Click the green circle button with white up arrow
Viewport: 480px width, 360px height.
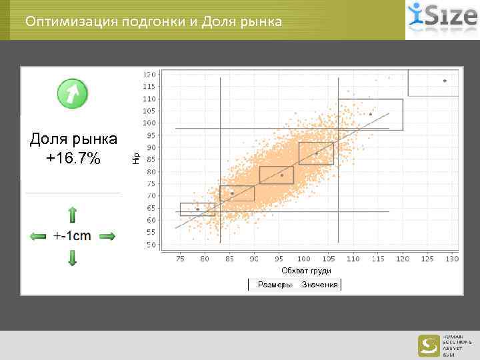(x=73, y=94)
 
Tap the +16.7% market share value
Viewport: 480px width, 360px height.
(x=73, y=158)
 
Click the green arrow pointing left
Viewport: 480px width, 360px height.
(x=38, y=236)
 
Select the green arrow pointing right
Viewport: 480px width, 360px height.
(x=107, y=236)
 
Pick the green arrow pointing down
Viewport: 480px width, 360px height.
(x=73, y=257)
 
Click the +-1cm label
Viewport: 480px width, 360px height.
(x=73, y=236)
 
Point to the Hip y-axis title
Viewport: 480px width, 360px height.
(x=135, y=158)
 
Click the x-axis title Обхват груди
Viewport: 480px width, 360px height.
(x=306, y=270)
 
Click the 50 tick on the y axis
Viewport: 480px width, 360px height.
(x=151, y=245)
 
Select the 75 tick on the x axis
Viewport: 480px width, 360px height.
(x=180, y=258)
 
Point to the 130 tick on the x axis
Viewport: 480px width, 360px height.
(x=452, y=258)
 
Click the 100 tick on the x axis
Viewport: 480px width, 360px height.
(x=303, y=258)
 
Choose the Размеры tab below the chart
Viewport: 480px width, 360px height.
(x=275, y=285)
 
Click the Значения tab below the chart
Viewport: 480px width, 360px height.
(x=319, y=285)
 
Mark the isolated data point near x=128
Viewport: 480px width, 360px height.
(x=445, y=81)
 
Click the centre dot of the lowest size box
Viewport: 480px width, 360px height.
(x=197, y=209)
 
